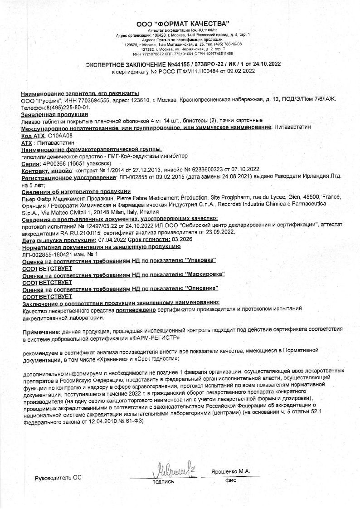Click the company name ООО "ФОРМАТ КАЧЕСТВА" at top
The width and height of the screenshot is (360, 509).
183,24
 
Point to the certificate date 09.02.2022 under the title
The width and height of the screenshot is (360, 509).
241,71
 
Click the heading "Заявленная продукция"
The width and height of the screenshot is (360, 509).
54,115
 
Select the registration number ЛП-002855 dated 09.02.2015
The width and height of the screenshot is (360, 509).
137,177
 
